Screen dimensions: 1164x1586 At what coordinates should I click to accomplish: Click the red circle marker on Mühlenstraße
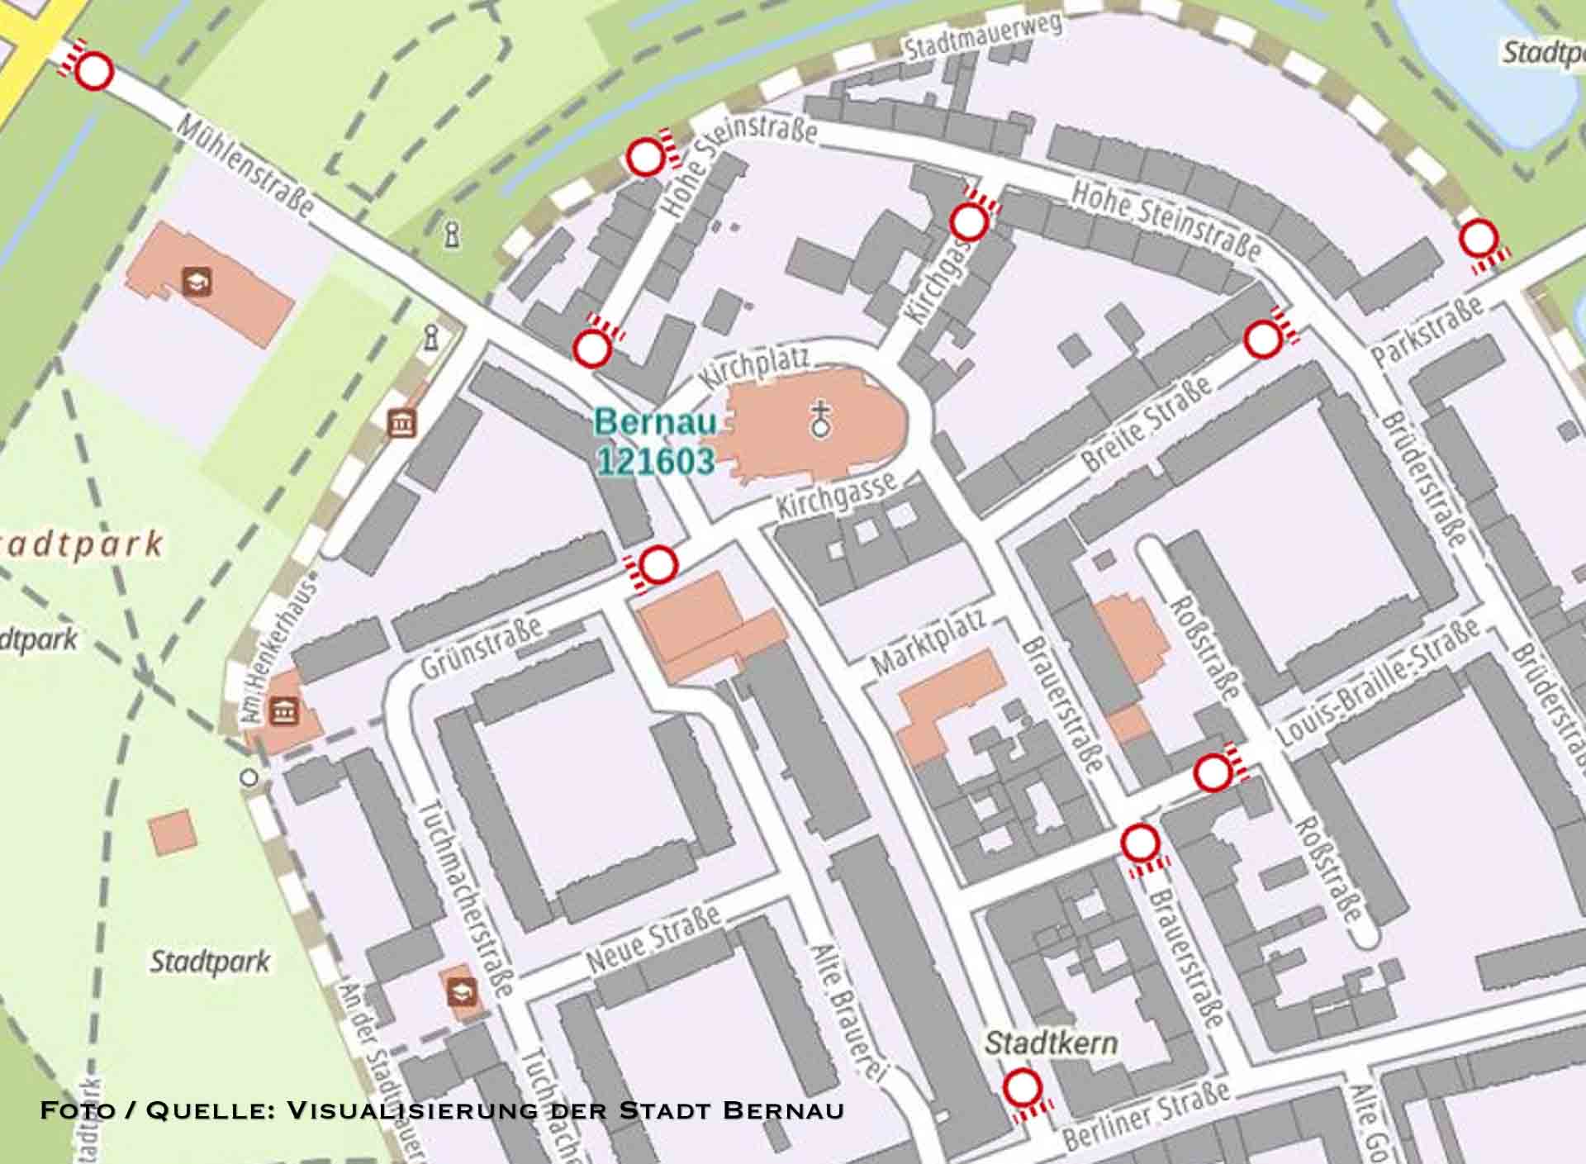pyautogui.click(x=94, y=70)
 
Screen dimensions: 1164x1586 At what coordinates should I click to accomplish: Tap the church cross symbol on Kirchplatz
pyautogui.click(x=820, y=419)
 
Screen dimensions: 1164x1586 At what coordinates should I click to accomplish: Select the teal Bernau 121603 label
pyautogui.click(x=655, y=442)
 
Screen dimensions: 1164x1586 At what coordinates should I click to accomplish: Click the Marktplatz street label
pyautogui.click(x=929, y=642)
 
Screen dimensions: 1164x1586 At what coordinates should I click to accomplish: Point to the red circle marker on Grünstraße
pyautogui.click(x=658, y=565)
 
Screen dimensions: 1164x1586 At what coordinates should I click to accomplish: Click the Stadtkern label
pyautogui.click(x=1051, y=1043)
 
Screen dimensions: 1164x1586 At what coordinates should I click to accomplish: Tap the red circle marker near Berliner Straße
pyautogui.click(x=1022, y=1087)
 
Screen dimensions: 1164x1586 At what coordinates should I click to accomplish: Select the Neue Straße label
pyautogui.click(x=653, y=938)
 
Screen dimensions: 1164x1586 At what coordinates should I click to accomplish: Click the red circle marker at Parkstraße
pyautogui.click(x=1478, y=239)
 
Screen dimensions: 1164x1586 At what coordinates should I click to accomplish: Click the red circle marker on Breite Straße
pyautogui.click(x=1262, y=340)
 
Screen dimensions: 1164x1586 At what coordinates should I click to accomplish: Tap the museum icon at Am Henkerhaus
pyautogui.click(x=284, y=710)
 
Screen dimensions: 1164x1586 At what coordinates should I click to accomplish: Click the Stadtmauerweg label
pyautogui.click(x=982, y=38)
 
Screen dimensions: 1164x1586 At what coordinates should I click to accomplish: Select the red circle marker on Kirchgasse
pyautogui.click(x=968, y=221)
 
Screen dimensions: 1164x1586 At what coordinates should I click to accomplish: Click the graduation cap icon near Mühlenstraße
pyautogui.click(x=197, y=282)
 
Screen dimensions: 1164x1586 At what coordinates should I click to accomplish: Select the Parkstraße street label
pyautogui.click(x=1427, y=331)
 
